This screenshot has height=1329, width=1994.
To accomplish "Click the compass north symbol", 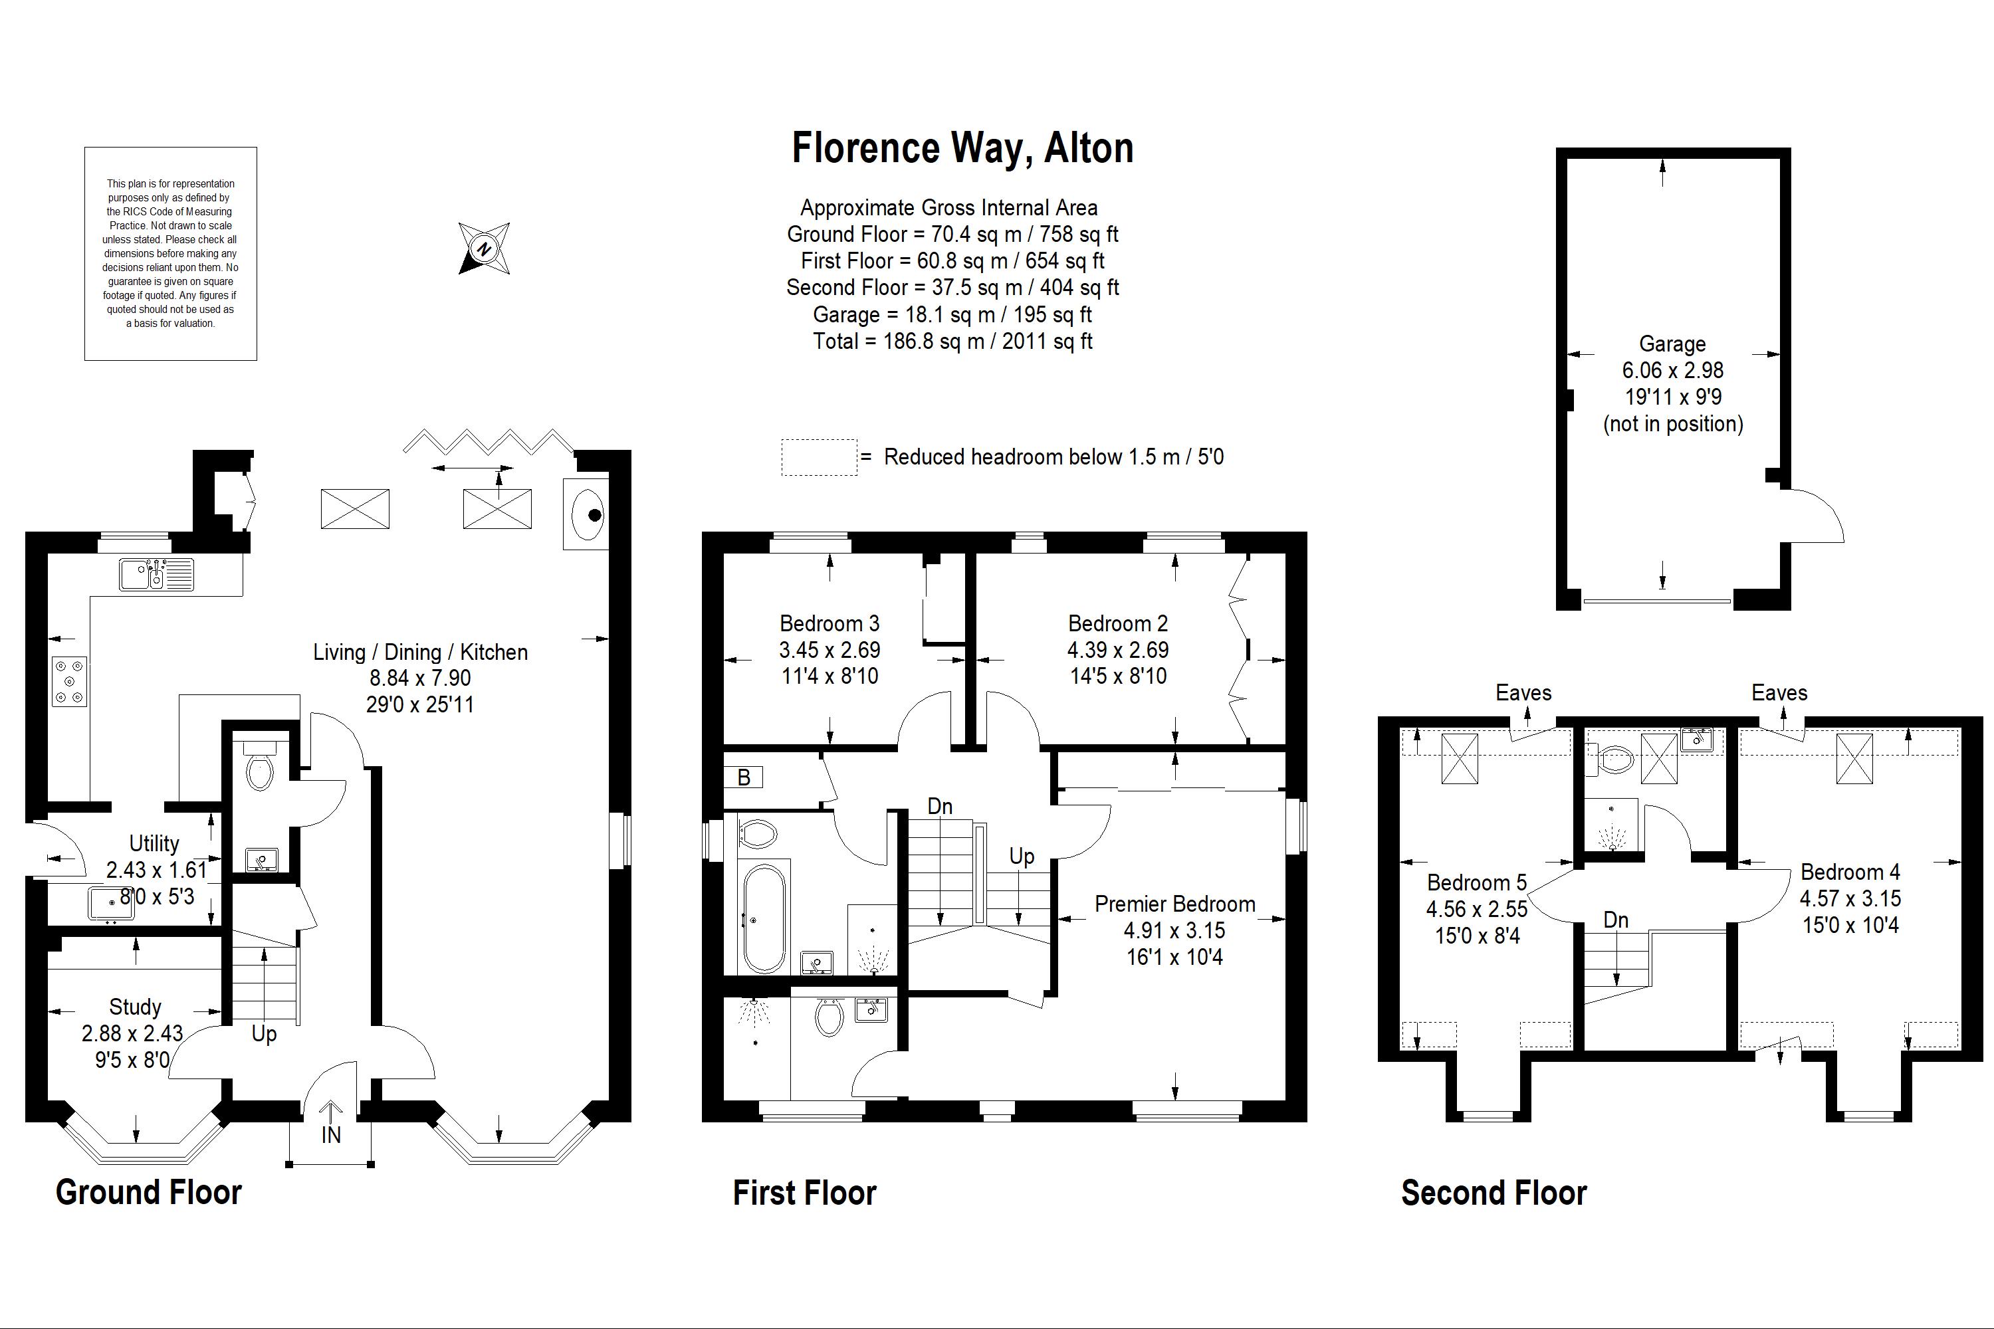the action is click(484, 249).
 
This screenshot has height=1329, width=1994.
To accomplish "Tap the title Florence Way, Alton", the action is click(962, 148).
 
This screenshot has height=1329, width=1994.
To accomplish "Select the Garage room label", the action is click(1672, 344).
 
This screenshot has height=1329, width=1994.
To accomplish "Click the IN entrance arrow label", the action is click(330, 1135).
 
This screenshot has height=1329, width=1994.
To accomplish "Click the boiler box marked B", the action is click(744, 777).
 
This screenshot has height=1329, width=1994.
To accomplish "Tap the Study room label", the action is click(135, 1007).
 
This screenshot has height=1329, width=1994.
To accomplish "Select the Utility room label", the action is click(154, 843).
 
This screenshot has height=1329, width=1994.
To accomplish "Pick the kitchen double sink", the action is click(156, 575).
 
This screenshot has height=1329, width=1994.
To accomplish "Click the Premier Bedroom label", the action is click(1174, 904).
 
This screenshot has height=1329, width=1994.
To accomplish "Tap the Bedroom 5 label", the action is click(1477, 882).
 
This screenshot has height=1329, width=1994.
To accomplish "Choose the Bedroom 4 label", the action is click(1850, 871).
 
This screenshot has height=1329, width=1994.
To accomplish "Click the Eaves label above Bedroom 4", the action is click(1779, 693).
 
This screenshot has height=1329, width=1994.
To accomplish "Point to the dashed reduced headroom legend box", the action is click(819, 457).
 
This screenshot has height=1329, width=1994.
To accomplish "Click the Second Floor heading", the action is click(1494, 1193).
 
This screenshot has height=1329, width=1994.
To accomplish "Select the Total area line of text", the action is click(953, 342).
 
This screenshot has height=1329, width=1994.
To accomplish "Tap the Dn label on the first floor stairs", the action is click(939, 806).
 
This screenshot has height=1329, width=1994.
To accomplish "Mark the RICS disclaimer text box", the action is click(170, 253).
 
